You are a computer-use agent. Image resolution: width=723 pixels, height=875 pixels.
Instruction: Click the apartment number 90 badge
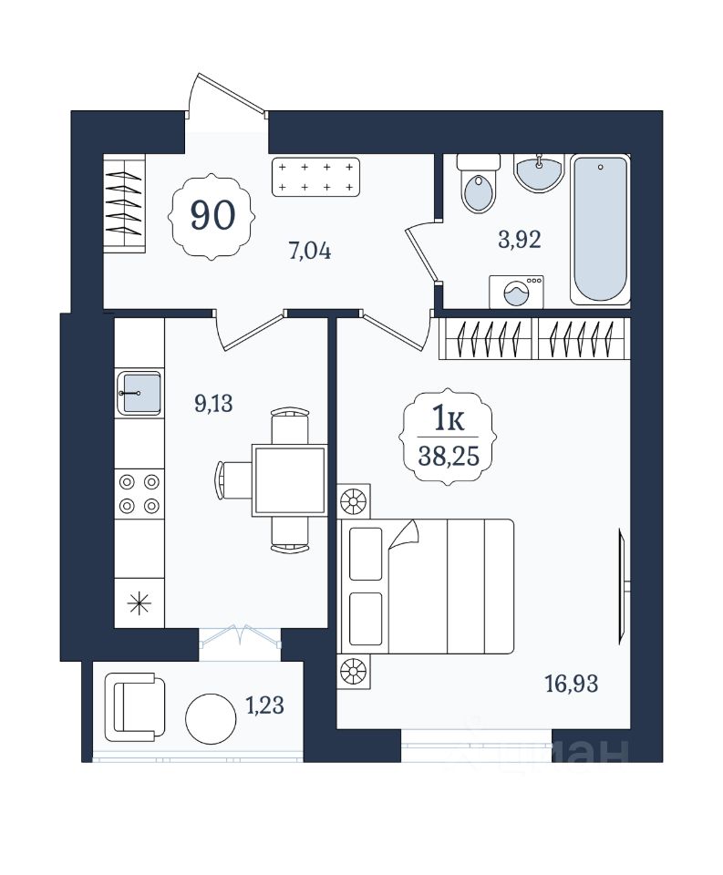[212, 216]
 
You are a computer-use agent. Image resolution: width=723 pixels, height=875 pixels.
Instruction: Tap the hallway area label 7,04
[310, 252]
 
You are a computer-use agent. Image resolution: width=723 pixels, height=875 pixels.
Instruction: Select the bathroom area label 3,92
[519, 240]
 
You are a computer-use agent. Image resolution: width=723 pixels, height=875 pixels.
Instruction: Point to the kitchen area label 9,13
[213, 403]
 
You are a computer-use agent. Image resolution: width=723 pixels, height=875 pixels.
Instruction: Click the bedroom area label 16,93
[572, 684]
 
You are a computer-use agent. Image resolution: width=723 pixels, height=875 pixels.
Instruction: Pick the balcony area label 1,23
[265, 705]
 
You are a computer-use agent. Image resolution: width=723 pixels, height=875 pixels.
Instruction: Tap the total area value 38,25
[449, 457]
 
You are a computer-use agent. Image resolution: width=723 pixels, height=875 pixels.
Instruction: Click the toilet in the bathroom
[479, 183]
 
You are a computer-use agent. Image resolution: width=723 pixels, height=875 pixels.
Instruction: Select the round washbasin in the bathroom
[539, 173]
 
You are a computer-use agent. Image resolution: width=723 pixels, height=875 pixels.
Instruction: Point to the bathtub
[600, 230]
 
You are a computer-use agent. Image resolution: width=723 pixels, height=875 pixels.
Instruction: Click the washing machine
[516, 292]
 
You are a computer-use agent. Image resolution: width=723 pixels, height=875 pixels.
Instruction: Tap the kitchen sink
[139, 394]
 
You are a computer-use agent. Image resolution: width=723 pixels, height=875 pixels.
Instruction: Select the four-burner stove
[139, 494]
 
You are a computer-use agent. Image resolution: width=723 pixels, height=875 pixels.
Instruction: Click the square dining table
[289, 480]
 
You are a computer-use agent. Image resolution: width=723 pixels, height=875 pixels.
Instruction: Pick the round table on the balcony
[211, 719]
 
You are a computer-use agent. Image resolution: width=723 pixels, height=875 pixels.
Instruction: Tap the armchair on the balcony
[135, 707]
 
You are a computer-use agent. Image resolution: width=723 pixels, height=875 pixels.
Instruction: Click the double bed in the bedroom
[426, 586]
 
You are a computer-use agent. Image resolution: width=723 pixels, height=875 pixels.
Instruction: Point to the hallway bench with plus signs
[316, 177]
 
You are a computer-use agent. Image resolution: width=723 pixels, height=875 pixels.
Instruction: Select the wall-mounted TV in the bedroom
[624, 586]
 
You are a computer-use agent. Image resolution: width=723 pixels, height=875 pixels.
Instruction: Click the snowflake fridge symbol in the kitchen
[139, 603]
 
